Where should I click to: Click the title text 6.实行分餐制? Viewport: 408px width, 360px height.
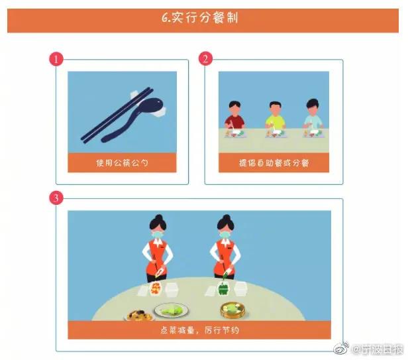(x=199, y=18)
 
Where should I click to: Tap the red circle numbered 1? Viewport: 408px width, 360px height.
(x=56, y=59)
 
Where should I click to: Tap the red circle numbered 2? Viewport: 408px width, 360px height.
(x=205, y=58)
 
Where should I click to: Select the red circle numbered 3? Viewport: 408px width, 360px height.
(x=56, y=198)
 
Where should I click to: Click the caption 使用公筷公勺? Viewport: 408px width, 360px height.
(x=122, y=163)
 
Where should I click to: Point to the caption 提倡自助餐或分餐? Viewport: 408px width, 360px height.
(x=274, y=163)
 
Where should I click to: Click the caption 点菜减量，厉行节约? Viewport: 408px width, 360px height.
(x=199, y=330)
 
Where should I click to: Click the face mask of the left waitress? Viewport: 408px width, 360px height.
(x=158, y=235)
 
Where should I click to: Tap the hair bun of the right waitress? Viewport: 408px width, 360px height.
(x=226, y=217)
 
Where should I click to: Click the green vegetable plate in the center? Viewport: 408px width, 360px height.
(x=171, y=310)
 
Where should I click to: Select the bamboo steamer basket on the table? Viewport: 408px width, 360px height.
(x=232, y=310)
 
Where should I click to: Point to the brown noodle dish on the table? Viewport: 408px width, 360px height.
(x=140, y=315)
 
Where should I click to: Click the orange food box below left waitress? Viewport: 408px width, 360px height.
(x=156, y=289)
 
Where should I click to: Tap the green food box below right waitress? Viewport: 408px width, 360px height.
(x=223, y=288)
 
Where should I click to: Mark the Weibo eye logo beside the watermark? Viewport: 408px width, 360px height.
(x=342, y=349)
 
